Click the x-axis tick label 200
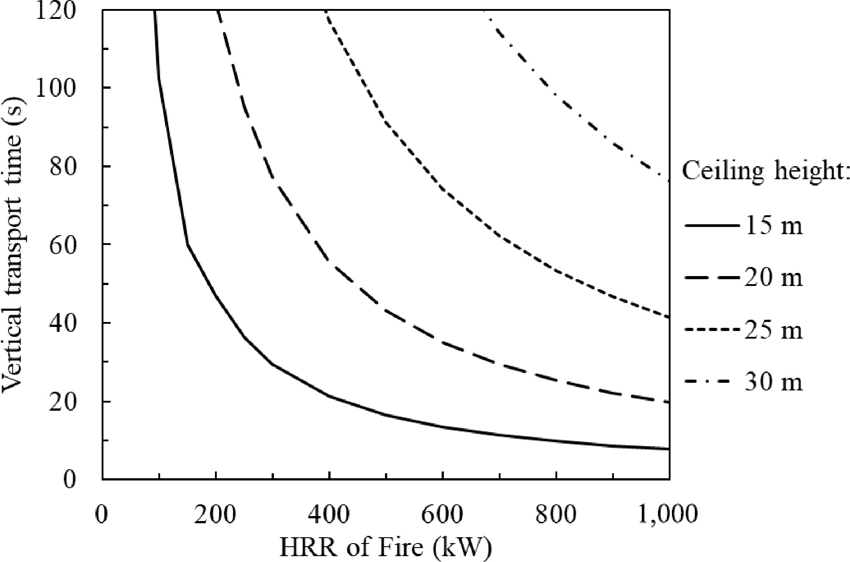[x=215, y=514]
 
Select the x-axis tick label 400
[x=329, y=514]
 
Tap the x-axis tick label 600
[x=443, y=514]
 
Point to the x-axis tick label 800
[x=556, y=514]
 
